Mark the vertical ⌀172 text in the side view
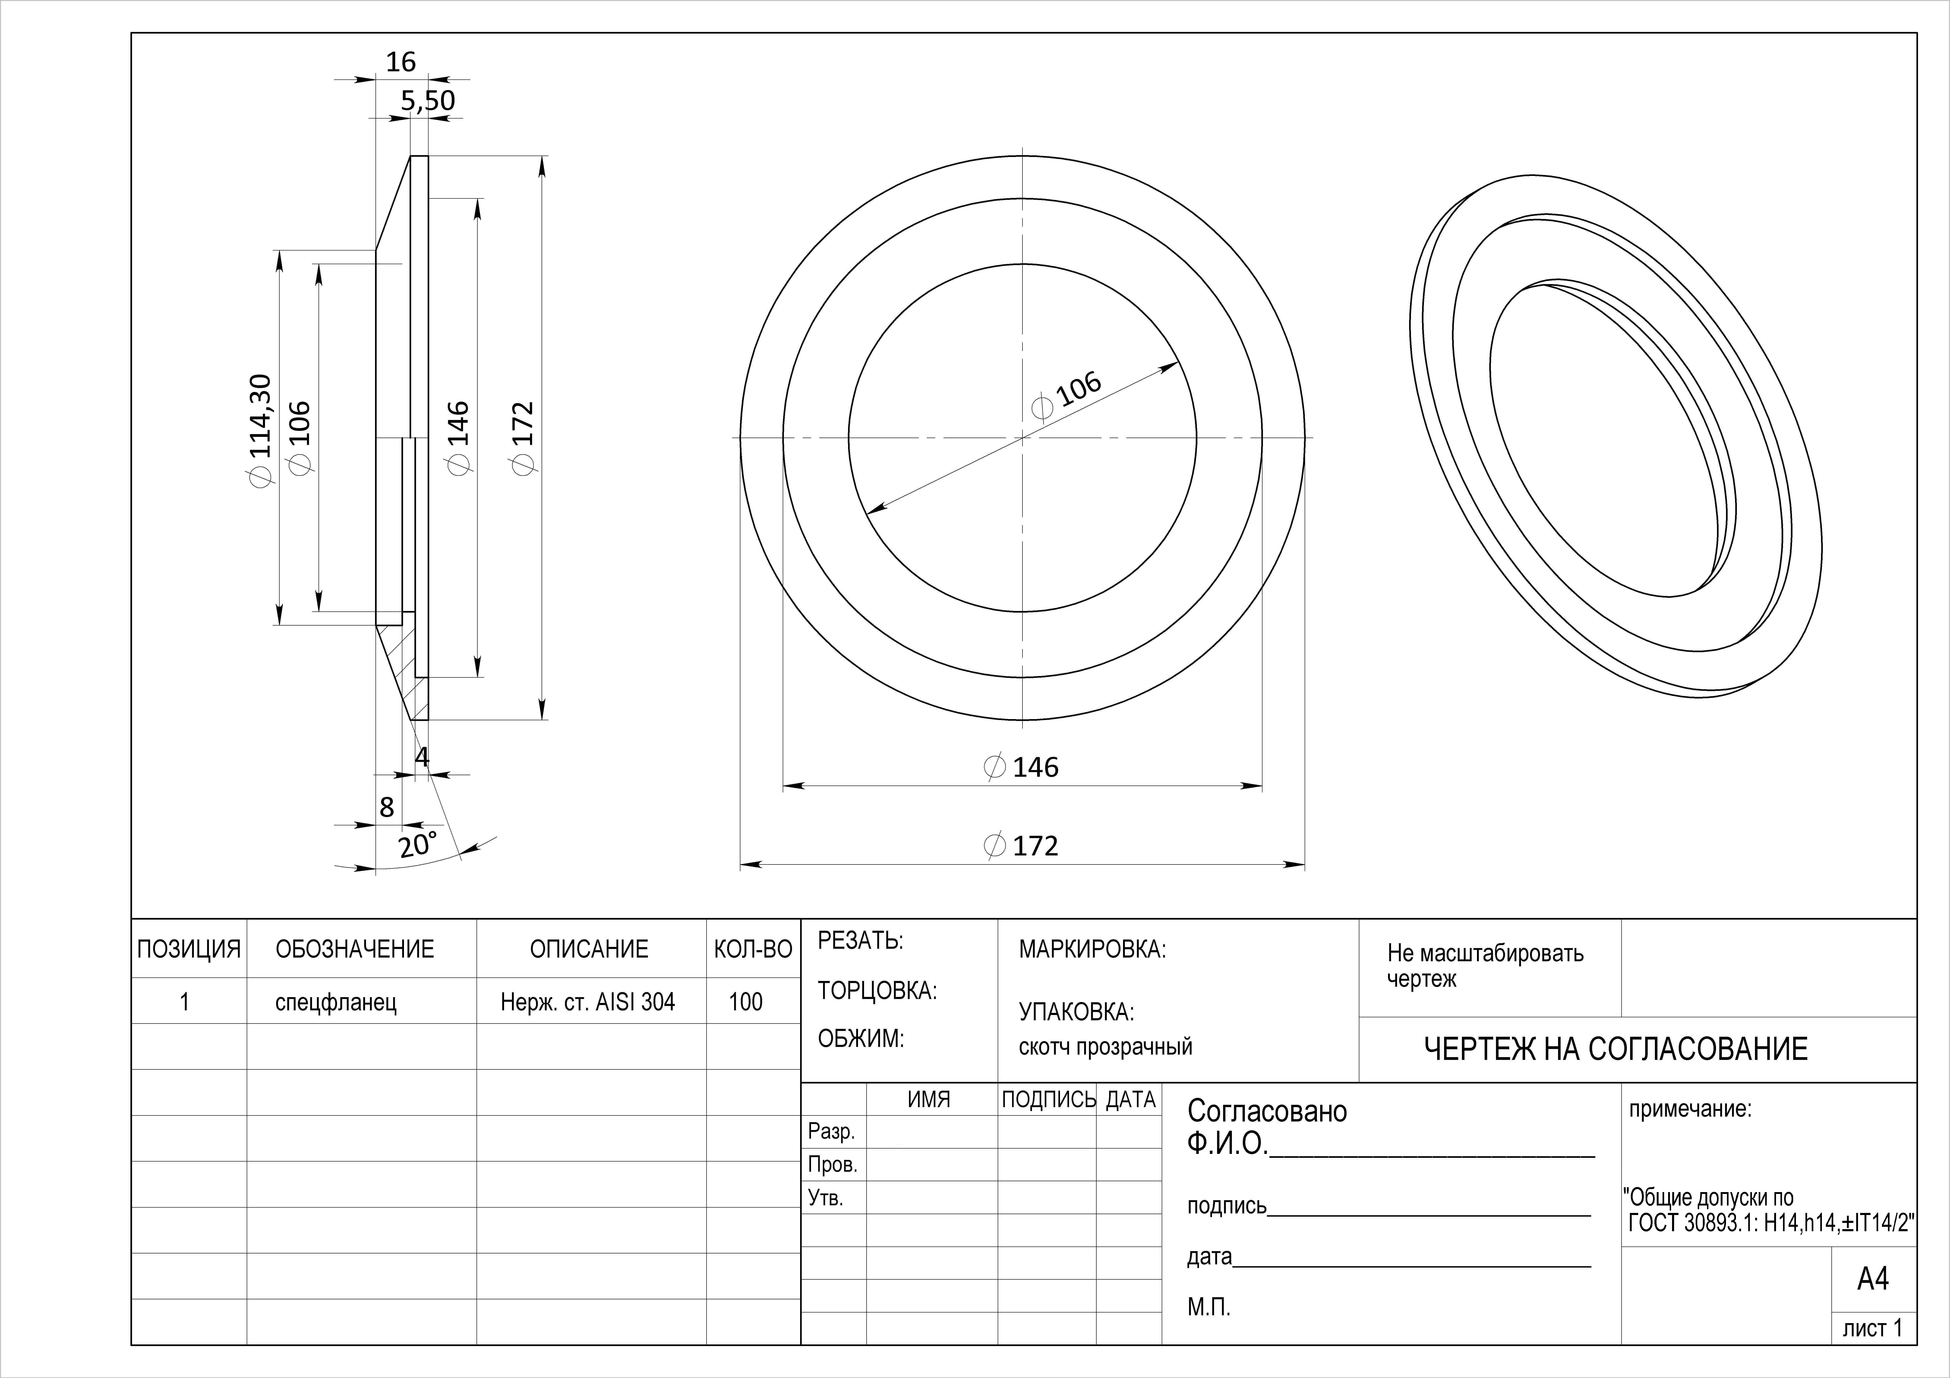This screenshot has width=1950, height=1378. (x=523, y=438)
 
